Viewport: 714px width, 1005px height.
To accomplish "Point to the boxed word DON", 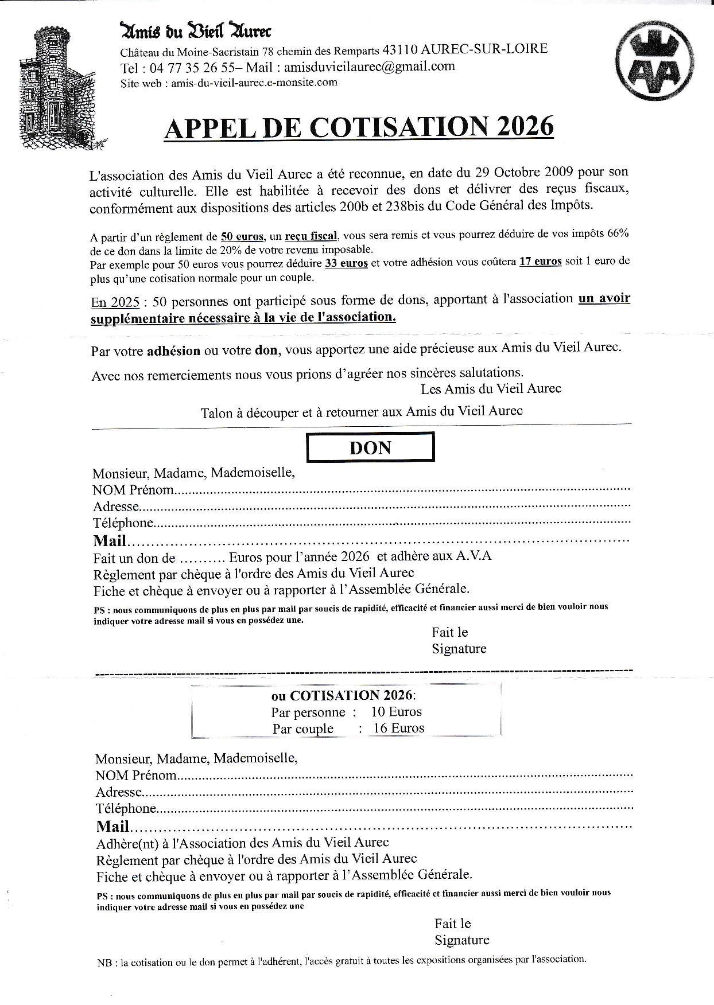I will click(x=370, y=447).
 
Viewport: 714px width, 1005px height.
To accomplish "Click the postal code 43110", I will click(x=401, y=50).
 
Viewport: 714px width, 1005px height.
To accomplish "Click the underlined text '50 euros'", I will click(x=242, y=236).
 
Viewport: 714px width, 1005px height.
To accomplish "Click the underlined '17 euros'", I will click(x=540, y=262).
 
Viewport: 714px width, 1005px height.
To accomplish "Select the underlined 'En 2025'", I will click(x=115, y=302).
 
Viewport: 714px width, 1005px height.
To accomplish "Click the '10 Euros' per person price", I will click(x=397, y=712).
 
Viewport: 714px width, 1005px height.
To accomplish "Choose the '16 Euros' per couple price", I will click(x=399, y=729).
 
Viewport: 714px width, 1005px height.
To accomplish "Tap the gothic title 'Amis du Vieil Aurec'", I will click(x=195, y=31).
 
